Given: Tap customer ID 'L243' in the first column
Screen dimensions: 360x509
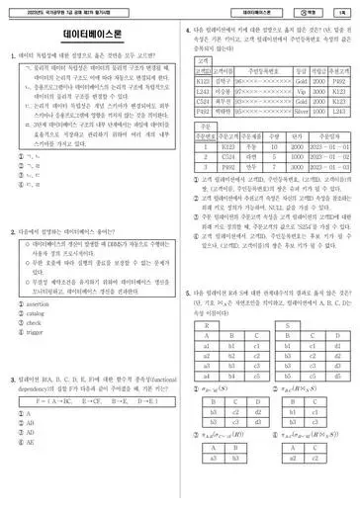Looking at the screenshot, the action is [x=202, y=91].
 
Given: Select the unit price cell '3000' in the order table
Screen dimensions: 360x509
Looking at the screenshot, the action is [x=296, y=156].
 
